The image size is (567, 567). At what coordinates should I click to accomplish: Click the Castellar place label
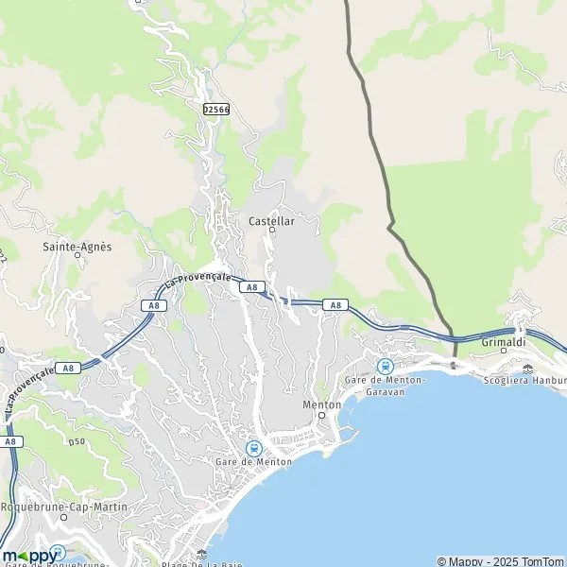[271, 220]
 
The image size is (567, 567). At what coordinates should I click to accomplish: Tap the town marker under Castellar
[272, 230]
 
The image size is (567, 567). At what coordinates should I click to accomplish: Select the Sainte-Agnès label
[77, 247]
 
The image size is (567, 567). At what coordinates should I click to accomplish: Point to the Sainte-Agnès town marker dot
[78, 257]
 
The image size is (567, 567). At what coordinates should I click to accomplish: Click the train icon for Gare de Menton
[253, 448]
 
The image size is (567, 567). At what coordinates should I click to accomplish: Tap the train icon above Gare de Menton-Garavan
[385, 366]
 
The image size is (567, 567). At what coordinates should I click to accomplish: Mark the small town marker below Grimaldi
[504, 350]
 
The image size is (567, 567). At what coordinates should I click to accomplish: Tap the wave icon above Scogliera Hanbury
[527, 369]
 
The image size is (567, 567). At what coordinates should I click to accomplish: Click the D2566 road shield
[216, 110]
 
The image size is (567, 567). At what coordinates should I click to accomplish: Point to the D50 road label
[77, 440]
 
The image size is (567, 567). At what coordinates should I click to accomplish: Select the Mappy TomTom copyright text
[500, 560]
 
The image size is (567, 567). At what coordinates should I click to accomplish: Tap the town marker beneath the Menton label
[321, 415]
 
